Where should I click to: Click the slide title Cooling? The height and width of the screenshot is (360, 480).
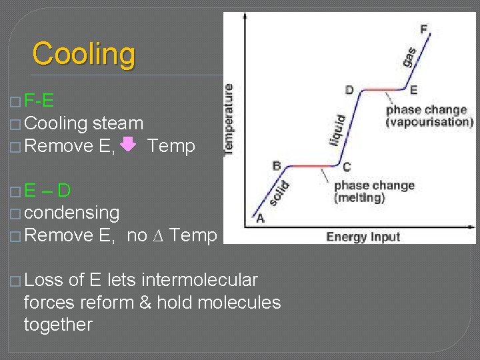tap(84, 54)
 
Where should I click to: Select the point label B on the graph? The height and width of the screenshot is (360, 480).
tap(277, 165)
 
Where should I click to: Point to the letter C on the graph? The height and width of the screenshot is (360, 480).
tap(346, 167)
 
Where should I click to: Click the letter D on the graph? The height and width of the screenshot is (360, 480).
tap(349, 90)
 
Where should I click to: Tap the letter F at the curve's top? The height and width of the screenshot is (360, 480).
tap(424, 29)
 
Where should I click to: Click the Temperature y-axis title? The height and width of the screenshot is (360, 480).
tap(229, 119)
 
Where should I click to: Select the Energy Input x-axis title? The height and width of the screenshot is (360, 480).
tap(363, 237)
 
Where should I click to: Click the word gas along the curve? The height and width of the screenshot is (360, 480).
tap(409, 57)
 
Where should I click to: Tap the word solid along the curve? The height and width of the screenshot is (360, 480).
tap(282, 193)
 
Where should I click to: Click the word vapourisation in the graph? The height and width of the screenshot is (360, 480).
tap(429, 122)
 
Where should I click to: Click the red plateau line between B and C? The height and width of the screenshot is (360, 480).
tap(311, 166)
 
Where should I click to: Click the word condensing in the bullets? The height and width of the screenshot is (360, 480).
tap(71, 213)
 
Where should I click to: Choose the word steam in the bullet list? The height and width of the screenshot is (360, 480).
tap(118, 123)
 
